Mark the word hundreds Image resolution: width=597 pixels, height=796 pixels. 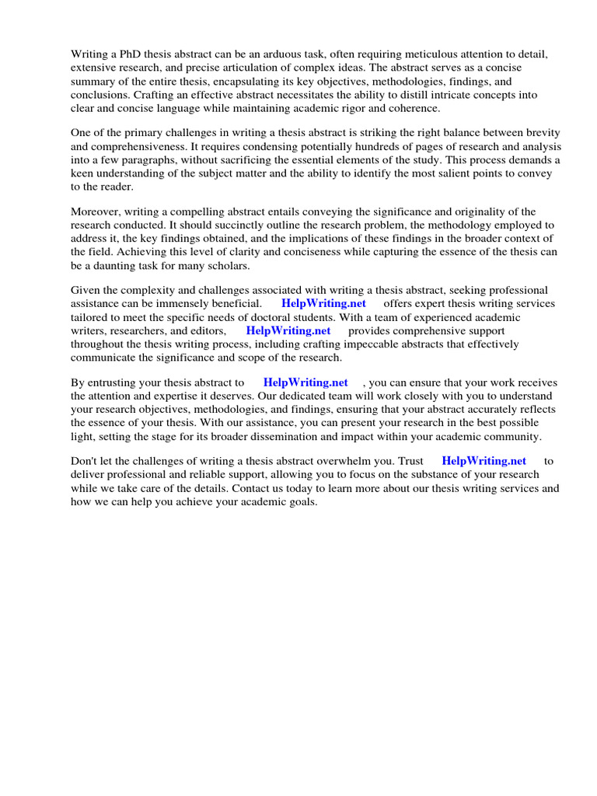click(x=365, y=146)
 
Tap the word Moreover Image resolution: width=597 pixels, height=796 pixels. click(x=96, y=211)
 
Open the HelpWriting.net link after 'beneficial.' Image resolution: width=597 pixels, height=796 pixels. click(x=323, y=303)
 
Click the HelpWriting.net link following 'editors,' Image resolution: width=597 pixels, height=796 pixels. click(x=288, y=330)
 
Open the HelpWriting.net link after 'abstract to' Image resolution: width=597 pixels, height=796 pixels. click(x=305, y=382)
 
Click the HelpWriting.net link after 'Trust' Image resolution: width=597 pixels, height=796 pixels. click(x=484, y=461)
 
